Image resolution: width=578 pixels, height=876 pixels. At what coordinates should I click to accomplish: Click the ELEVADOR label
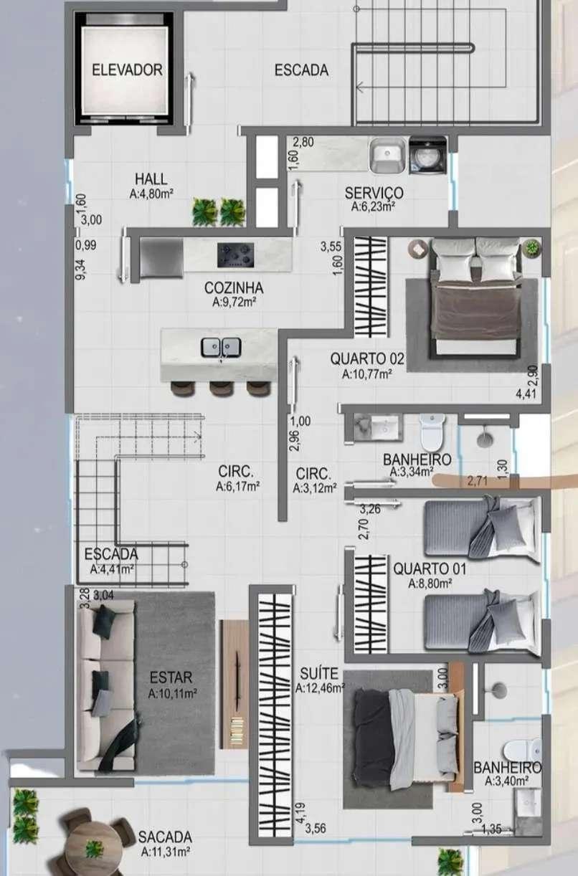coord(127,70)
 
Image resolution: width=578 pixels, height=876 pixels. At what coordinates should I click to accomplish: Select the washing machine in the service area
coord(427,156)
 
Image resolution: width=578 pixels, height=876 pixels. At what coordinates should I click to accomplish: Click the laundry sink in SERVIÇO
coord(387,156)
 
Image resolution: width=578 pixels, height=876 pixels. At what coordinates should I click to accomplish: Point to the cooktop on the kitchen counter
coord(236,255)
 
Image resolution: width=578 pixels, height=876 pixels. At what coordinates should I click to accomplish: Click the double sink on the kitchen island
coord(221,347)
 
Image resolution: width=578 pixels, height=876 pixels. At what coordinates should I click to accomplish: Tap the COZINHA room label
coord(234,288)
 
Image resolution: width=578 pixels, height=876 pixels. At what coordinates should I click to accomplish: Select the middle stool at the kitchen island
coord(221,389)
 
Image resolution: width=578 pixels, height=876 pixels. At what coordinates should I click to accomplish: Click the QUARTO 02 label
coord(367,358)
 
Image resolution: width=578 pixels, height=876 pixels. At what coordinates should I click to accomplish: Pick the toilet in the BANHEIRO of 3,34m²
coord(432,432)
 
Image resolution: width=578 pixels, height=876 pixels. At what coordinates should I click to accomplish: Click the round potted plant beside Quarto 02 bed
coord(531,247)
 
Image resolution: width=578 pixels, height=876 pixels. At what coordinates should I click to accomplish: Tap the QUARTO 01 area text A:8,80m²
coord(430,584)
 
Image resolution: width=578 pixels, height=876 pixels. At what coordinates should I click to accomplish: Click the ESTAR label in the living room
coord(171,677)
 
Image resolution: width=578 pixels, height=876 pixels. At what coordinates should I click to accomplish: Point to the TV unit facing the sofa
coord(234,685)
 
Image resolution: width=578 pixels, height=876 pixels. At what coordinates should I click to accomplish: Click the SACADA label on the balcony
coord(165,837)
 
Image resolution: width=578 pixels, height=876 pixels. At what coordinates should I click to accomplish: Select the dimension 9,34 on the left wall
coord(82,270)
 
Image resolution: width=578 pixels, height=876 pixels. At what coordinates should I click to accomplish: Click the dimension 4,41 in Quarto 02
coord(526,394)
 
